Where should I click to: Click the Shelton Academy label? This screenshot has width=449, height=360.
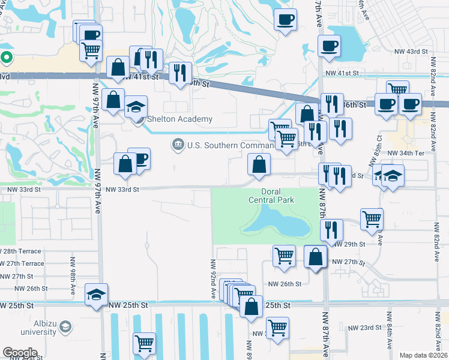pyautogui.click(x=179, y=119)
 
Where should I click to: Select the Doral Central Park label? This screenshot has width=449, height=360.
pyautogui.click(x=264, y=196)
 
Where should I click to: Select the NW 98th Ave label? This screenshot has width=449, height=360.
pyautogui.click(x=71, y=281)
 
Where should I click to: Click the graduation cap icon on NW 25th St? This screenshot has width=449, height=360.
pyautogui.click(x=96, y=295)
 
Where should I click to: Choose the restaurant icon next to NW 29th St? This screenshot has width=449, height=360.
pyautogui.click(x=331, y=230)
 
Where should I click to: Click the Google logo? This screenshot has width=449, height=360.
pyautogui.click(x=20, y=353)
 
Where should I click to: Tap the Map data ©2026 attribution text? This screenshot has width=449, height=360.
pyautogui.click(x=423, y=355)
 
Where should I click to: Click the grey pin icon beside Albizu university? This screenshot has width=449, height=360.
pyautogui.click(x=65, y=327)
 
